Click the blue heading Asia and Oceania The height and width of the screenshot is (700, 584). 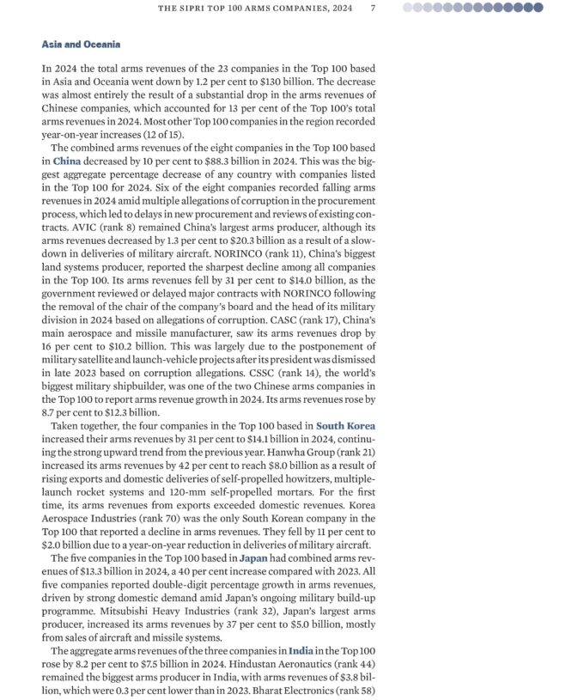click(x=81, y=44)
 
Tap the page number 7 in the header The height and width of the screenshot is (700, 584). click(x=372, y=8)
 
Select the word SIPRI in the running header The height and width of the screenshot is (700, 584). click(x=192, y=8)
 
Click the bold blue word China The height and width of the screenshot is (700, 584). click(x=67, y=161)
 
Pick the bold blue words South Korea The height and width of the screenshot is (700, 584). click(x=345, y=426)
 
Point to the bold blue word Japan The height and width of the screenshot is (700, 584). click(x=254, y=558)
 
